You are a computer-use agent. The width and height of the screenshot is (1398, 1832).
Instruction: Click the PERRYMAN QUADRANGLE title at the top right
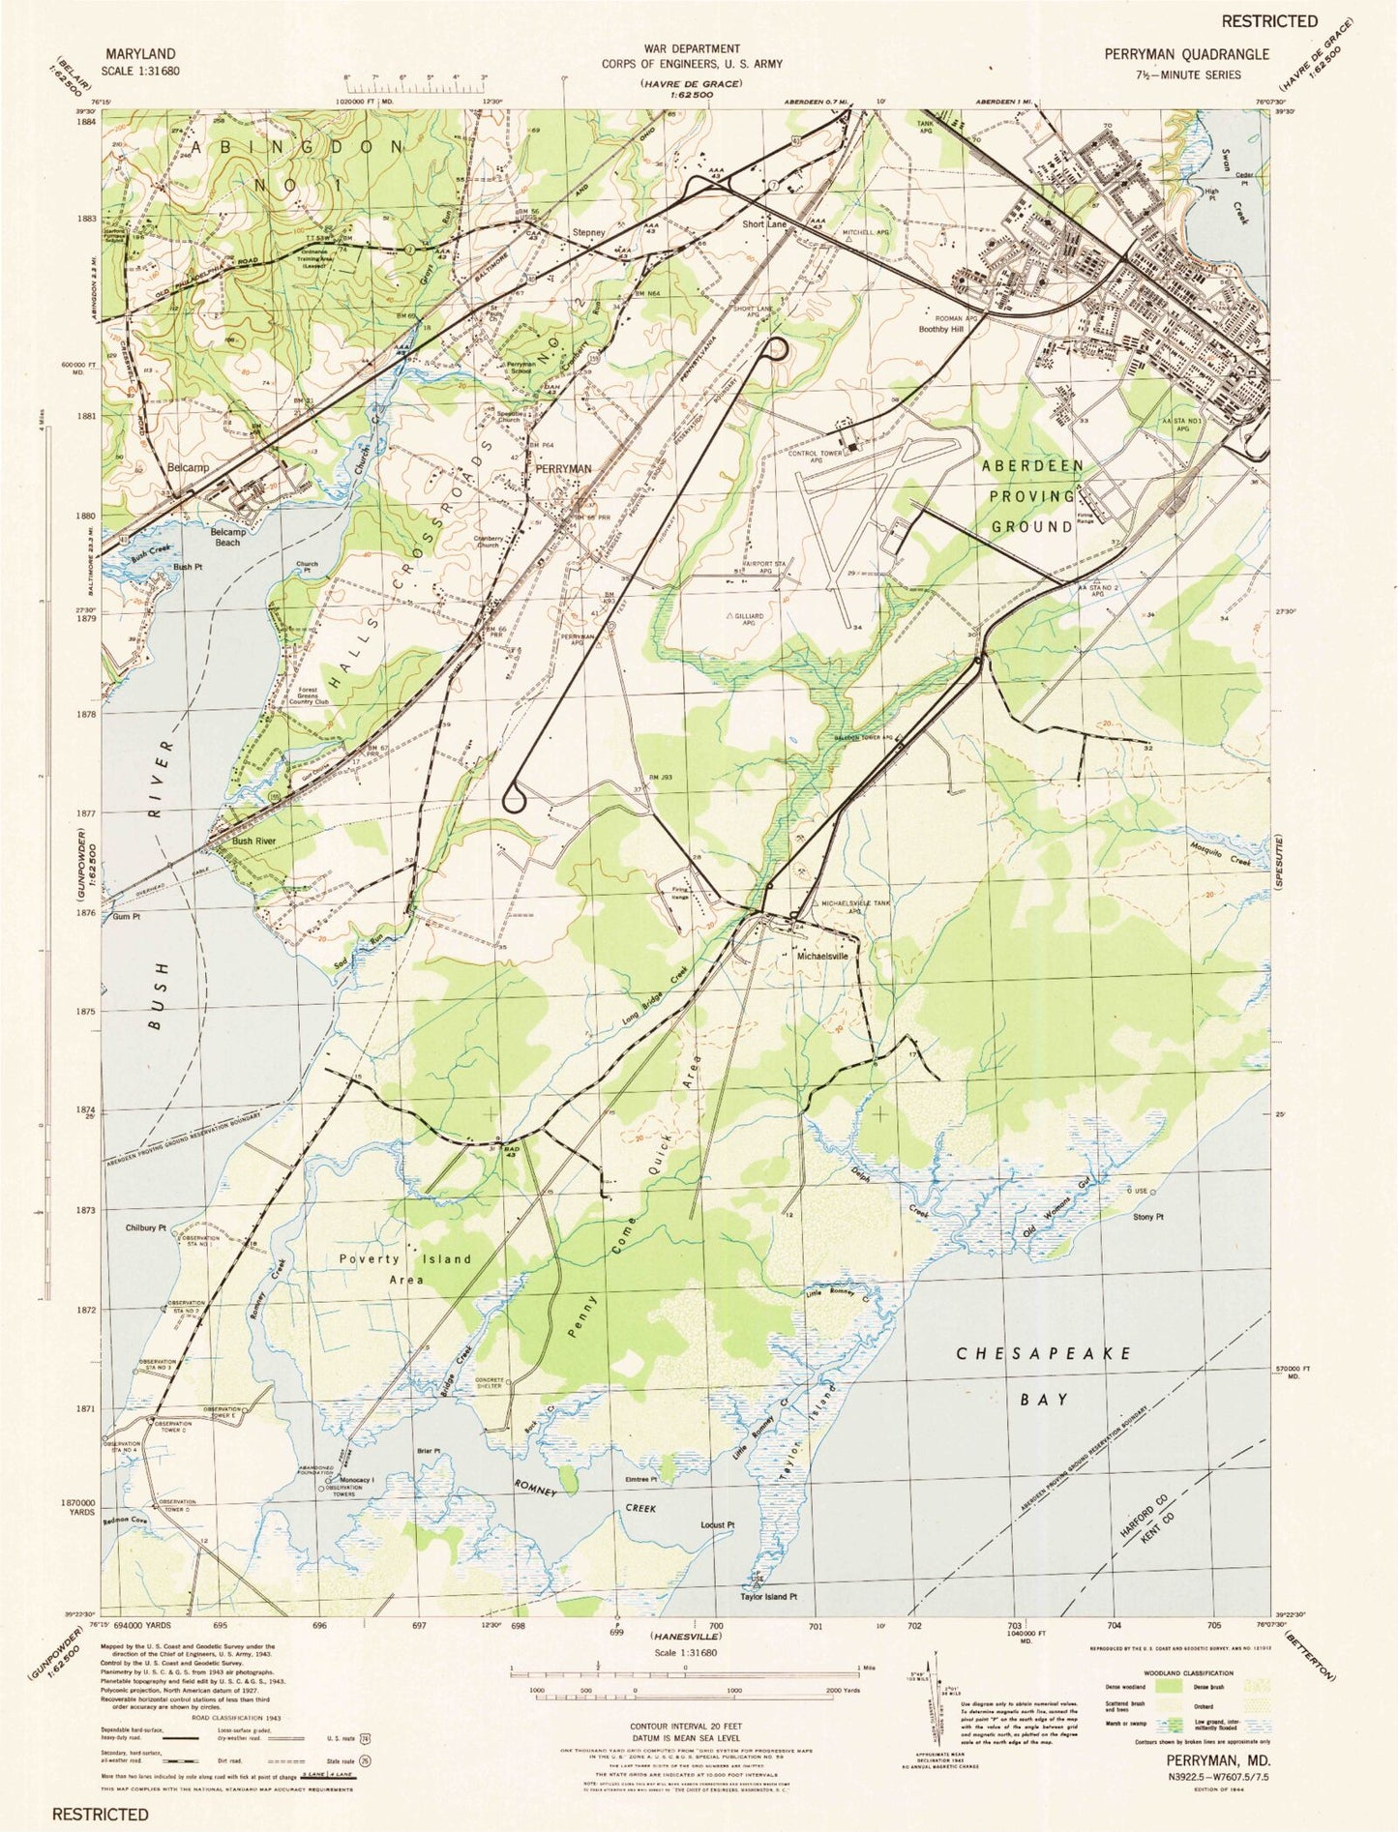[x=1186, y=55]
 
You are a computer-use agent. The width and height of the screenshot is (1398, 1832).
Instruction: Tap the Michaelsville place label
[x=821, y=955]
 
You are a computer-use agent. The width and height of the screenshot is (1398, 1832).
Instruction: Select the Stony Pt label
[x=1147, y=1217]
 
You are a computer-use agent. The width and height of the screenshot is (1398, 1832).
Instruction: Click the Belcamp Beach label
[x=227, y=537]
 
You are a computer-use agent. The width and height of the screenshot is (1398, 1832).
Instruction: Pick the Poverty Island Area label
[x=405, y=1268]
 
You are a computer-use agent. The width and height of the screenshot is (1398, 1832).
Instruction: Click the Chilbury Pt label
[x=146, y=1227]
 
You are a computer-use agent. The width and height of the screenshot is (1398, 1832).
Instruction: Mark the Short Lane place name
[x=764, y=223]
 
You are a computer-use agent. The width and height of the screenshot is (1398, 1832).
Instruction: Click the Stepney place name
[x=588, y=232]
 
